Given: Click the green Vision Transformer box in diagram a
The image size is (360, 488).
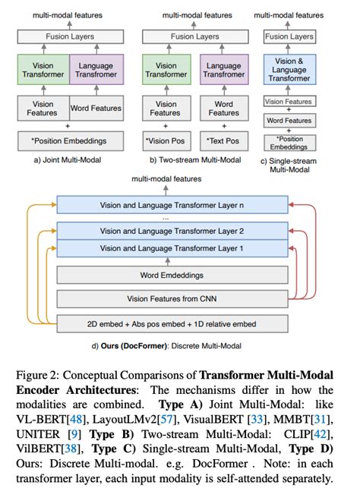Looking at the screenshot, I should pyautogui.click(x=43, y=70).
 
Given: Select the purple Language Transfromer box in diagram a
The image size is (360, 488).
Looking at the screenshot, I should pyautogui.click(x=96, y=70).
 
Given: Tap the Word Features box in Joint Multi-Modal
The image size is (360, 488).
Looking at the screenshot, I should pyautogui.click(x=96, y=109).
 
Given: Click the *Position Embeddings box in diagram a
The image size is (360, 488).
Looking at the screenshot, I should pyautogui.click(x=70, y=140).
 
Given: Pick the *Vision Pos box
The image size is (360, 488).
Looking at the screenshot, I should pyautogui.click(x=166, y=140).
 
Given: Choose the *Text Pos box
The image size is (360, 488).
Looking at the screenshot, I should pyautogui.click(x=224, y=140).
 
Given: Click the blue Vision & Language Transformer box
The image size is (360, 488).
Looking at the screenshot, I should pyautogui.click(x=289, y=70).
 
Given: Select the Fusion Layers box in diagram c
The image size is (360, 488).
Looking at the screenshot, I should pyautogui.click(x=289, y=36).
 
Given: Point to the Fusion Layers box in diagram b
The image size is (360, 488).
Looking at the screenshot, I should pyautogui.click(x=194, y=36).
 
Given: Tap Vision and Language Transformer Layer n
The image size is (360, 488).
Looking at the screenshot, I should pyautogui.click(x=172, y=205).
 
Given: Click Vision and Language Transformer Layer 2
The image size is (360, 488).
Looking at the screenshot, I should pyautogui.click(x=172, y=231).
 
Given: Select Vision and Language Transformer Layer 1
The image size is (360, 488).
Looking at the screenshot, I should pyautogui.click(x=172, y=248).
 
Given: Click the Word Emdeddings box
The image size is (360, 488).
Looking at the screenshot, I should pyautogui.click(x=172, y=275).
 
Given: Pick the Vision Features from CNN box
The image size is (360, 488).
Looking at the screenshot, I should pyautogui.click(x=172, y=299).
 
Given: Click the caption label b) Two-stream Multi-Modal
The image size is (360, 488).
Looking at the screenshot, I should pyautogui.click(x=194, y=161).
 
